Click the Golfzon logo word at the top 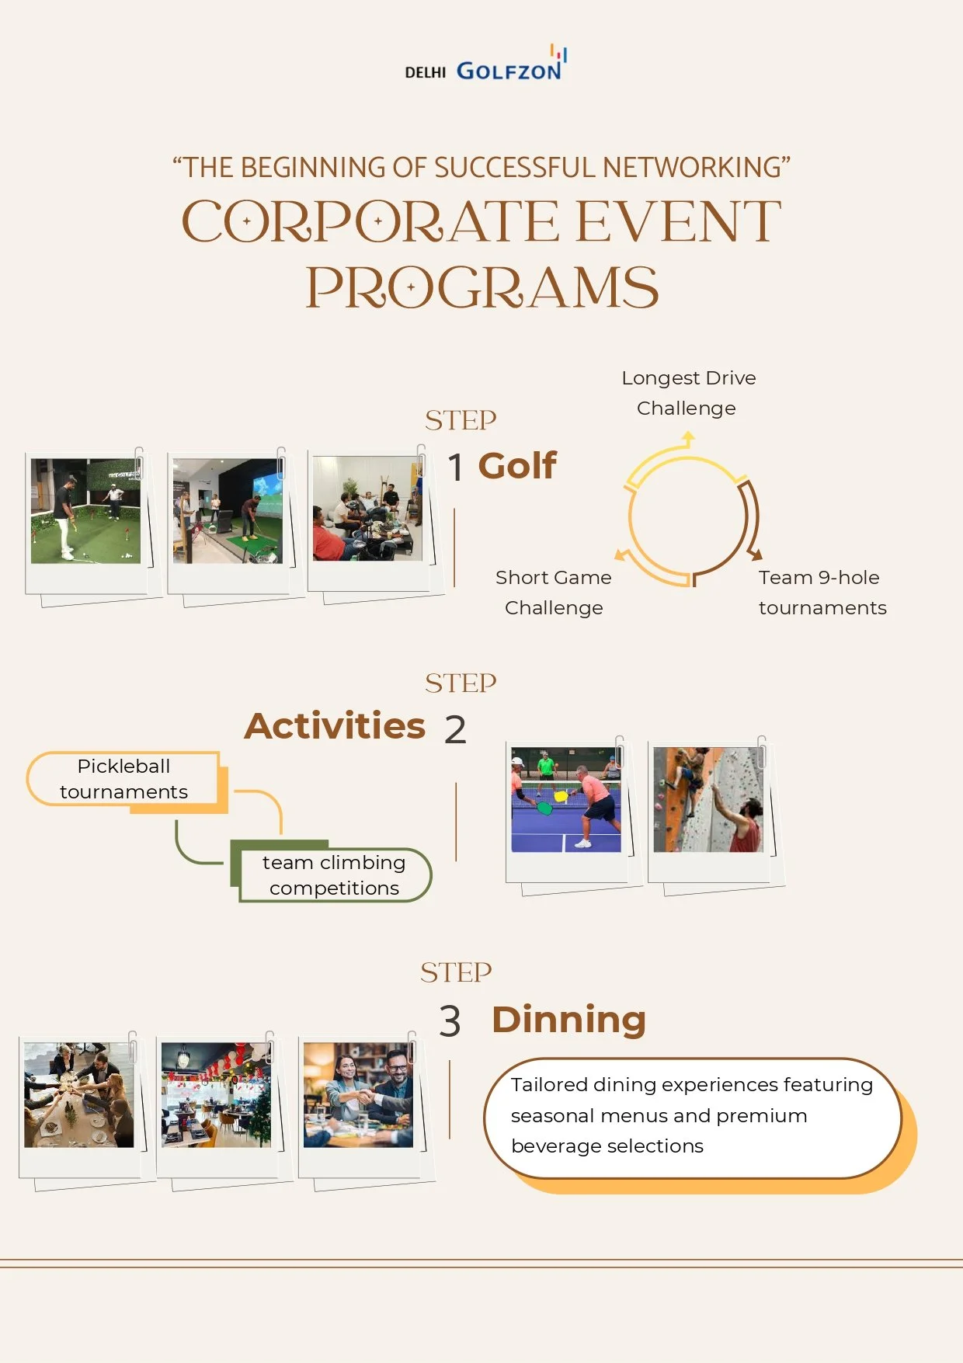[509, 71]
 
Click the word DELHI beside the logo [426, 72]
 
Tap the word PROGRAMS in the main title [482, 288]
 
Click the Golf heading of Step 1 [517, 466]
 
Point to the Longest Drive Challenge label [688, 393]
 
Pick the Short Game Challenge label [554, 593]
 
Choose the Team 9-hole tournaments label [822, 593]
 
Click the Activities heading [335, 726]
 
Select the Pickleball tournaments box [124, 779]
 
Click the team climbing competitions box [334, 875]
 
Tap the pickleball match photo [565, 800]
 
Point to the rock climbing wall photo [707, 800]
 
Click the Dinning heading [568, 1020]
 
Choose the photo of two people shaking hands [358, 1095]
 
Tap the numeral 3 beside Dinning [450, 1021]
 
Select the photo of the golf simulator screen [228, 510]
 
